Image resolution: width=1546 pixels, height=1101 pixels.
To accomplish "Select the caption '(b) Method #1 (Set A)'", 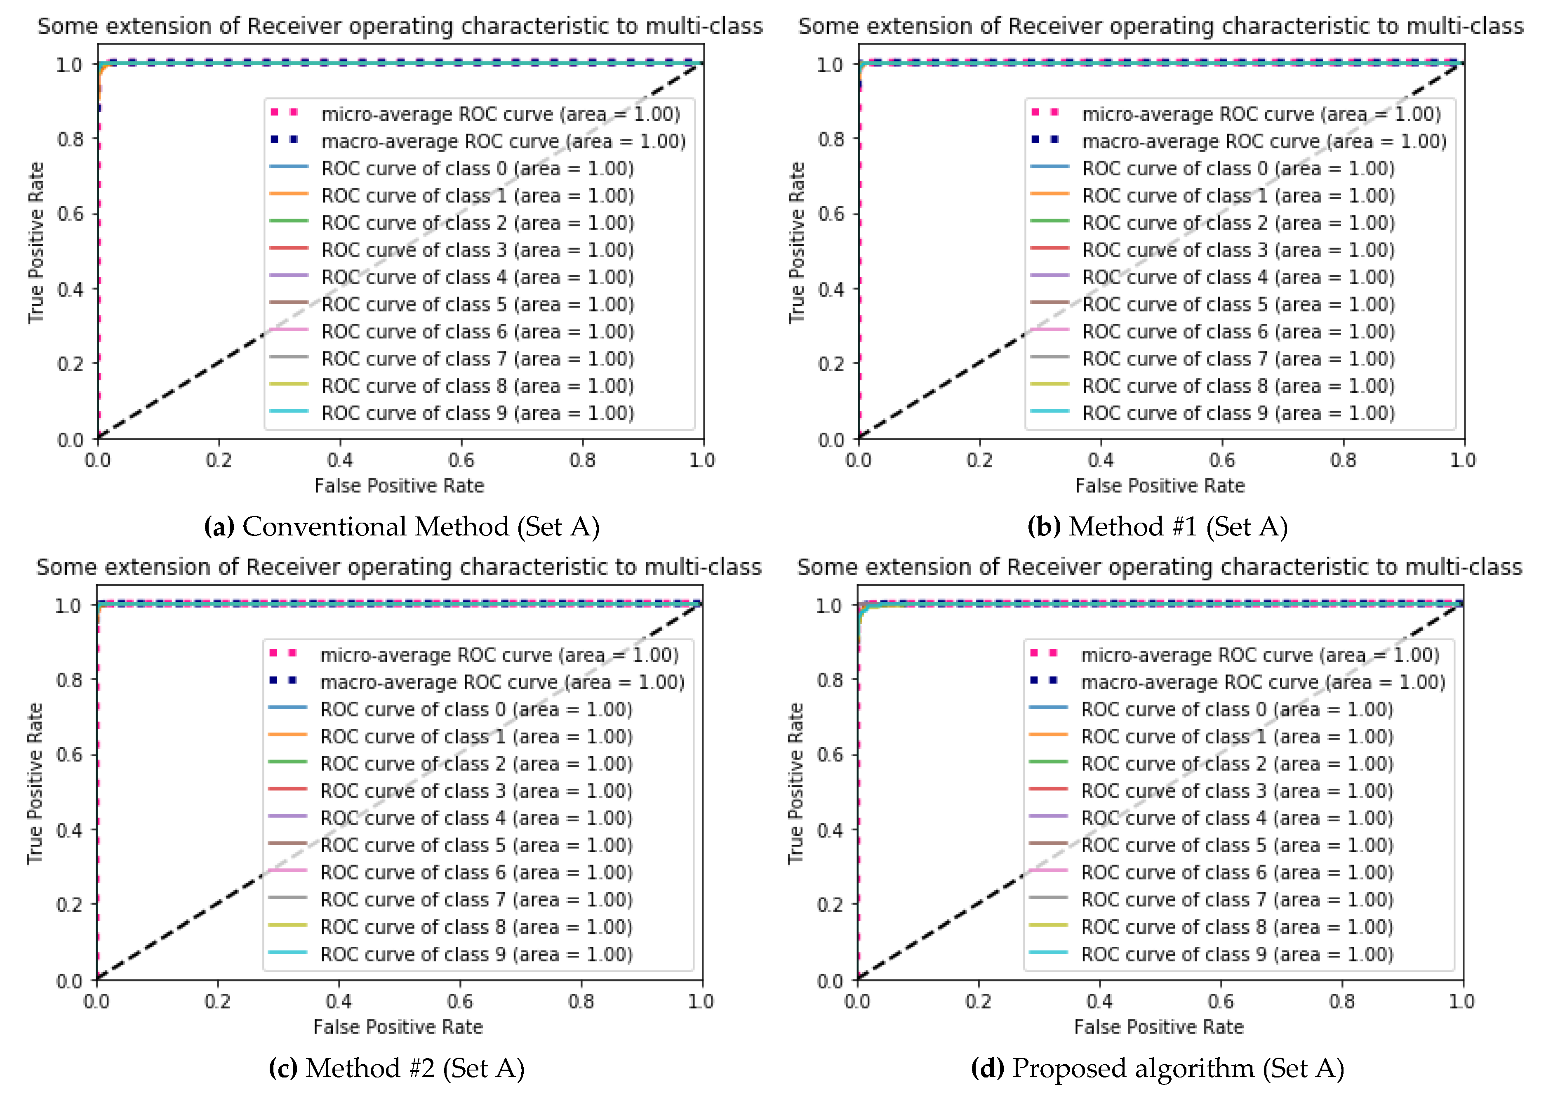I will (x=1157, y=527).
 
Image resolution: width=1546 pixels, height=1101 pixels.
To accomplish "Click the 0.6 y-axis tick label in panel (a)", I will (x=70, y=214).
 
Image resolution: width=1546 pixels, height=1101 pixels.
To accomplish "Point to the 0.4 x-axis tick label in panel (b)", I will (x=1100, y=460).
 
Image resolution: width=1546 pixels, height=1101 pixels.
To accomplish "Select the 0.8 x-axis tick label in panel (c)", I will (x=581, y=1001).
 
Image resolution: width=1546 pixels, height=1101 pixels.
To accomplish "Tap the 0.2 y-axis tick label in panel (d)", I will (x=830, y=905).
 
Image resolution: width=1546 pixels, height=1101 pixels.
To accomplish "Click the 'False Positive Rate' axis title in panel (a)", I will (x=399, y=486).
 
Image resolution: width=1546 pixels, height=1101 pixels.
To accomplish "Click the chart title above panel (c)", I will (x=399, y=567).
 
